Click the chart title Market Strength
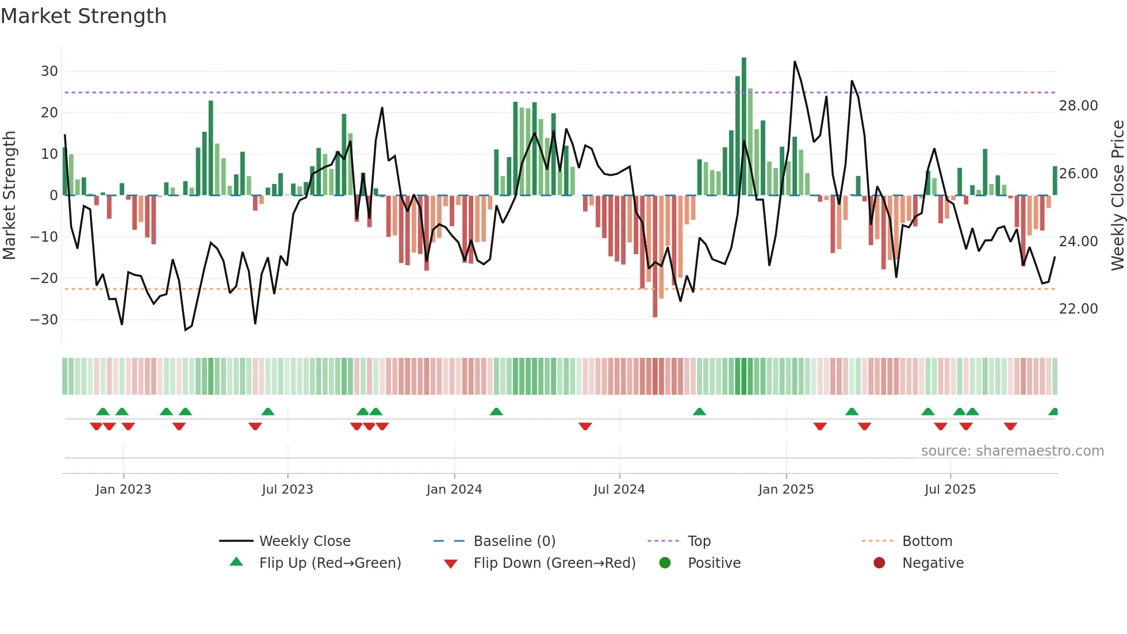[x=83, y=16]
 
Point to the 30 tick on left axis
[x=49, y=71]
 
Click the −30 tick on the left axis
[x=45, y=319]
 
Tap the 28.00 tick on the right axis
[x=1078, y=106]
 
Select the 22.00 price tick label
[x=1078, y=309]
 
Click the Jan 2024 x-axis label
[x=454, y=490]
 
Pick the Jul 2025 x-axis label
[x=950, y=490]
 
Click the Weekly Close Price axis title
[x=1117, y=196]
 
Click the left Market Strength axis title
[x=9, y=196]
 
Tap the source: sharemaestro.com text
[x=1012, y=451]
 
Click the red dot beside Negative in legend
[x=879, y=563]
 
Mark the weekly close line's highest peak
[x=795, y=62]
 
